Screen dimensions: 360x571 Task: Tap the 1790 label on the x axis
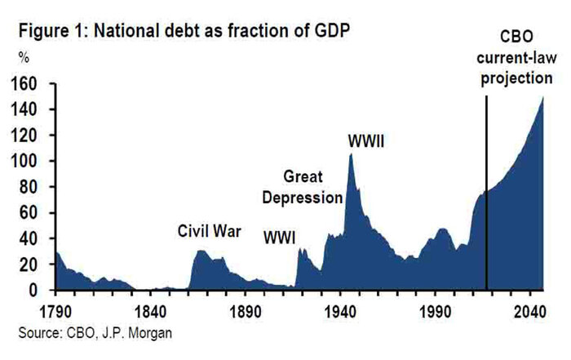point(55,310)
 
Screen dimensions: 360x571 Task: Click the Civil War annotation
point(210,231)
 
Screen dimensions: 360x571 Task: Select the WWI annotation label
point(279,238)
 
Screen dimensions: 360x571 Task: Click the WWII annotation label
point(365,140)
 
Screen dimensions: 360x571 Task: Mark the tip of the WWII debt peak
point(351,153)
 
